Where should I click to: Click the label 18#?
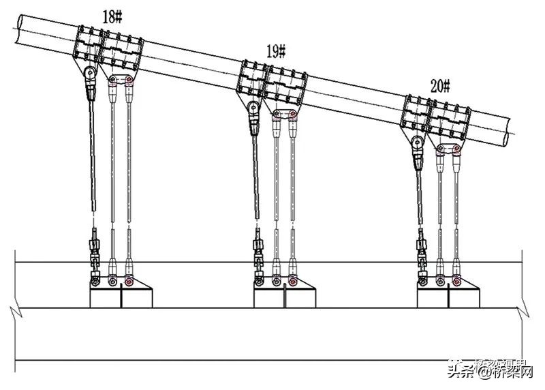point(112,17)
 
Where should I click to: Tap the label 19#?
point(276,50)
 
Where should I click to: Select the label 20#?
point(440,86)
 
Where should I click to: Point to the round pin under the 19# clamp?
point(253,107)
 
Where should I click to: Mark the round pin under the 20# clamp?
point(416,142)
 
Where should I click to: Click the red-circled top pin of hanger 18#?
point(128,81)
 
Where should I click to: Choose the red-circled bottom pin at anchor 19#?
point(293,281)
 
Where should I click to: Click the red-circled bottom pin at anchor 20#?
point(456,281)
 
